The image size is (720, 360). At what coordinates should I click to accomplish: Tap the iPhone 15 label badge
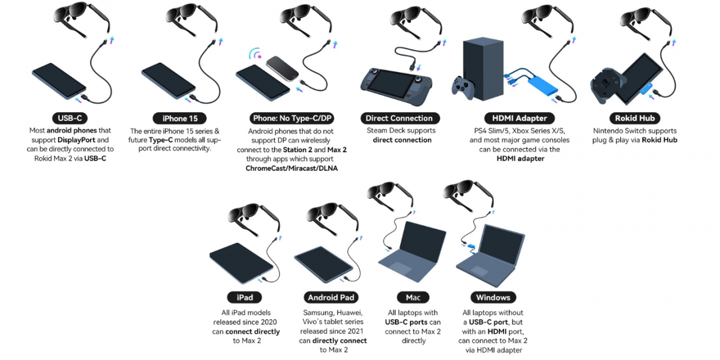click(179, 118)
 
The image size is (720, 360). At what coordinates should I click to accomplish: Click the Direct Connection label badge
click(399, 118)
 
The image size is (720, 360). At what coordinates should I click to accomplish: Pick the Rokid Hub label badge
click(635, 118)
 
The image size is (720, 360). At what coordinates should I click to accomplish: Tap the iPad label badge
click(245, 297)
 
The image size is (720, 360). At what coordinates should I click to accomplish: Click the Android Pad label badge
click(331, 297)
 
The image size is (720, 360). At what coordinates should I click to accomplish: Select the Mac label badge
click(413, 297)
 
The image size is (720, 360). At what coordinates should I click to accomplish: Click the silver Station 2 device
click(282, 69)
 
